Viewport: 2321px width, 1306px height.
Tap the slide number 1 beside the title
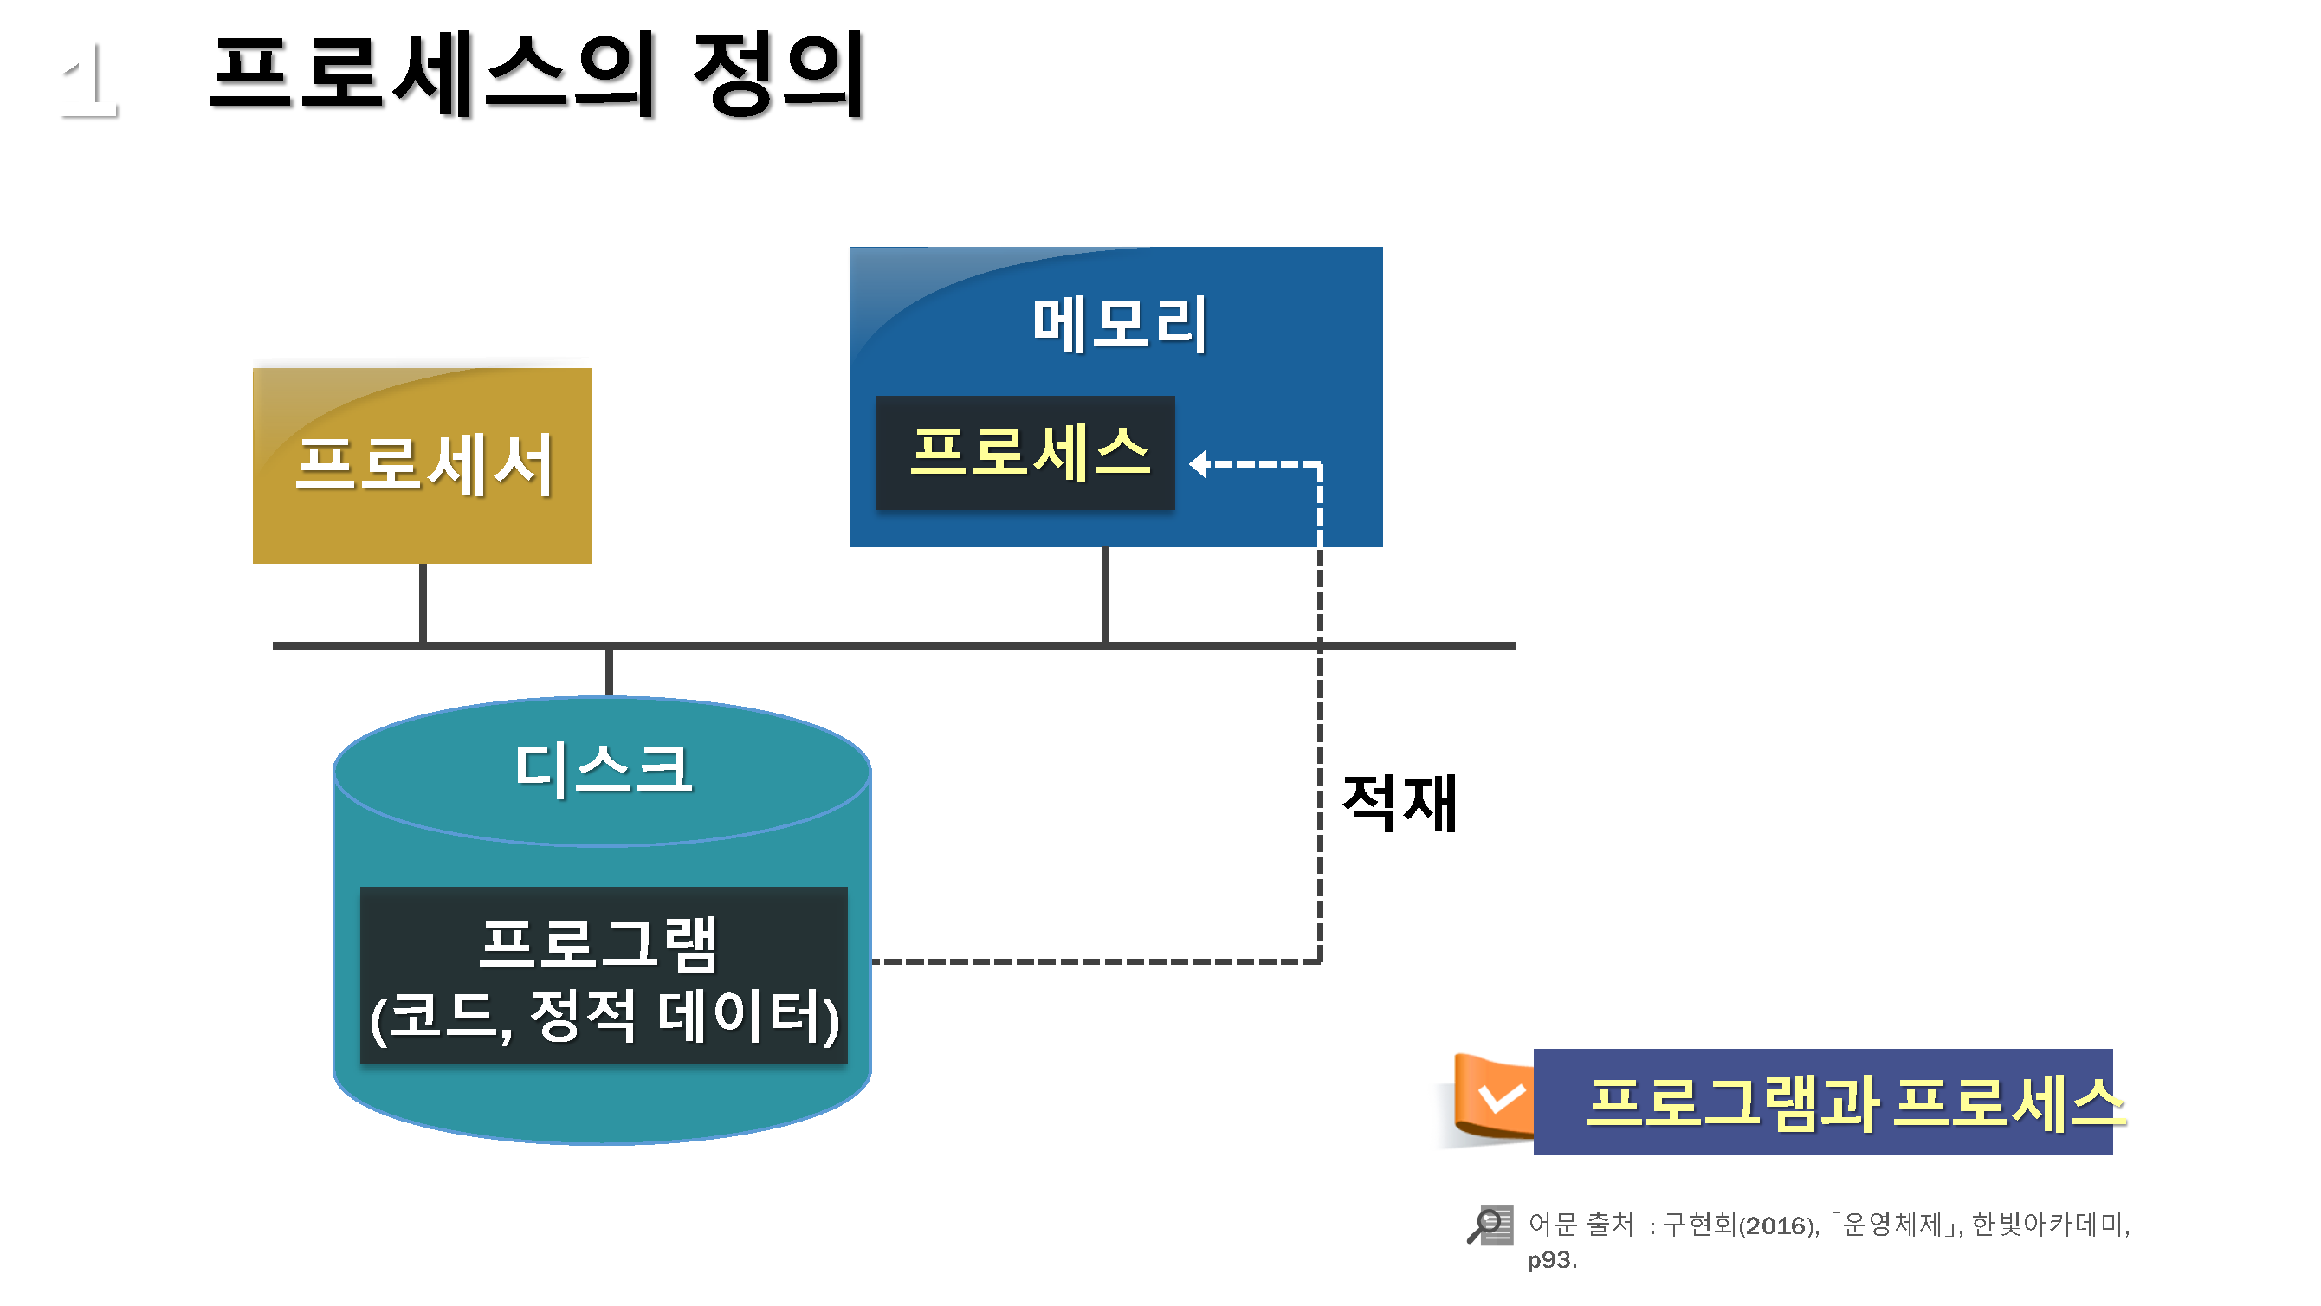click(90, 81)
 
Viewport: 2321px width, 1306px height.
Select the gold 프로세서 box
click(422, 465)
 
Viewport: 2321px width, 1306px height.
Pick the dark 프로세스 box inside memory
click(1025, 452)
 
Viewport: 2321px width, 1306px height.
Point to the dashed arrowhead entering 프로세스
click(1199, 464)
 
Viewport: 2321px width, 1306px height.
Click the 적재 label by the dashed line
click(1399, 802)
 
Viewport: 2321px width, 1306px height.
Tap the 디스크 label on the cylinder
click(603, 769)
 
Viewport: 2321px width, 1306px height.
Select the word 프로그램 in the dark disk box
click(598, 944)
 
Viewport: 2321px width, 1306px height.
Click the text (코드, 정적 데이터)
click(604, 1017)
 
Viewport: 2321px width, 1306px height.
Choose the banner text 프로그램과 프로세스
click(1854, 1102)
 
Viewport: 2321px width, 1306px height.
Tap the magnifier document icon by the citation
click(1490, 1225)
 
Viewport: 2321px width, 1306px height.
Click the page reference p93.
click(1552, 1260)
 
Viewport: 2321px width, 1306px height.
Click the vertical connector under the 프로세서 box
click(423, 603)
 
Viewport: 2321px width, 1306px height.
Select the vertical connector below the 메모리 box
click(1104, 595)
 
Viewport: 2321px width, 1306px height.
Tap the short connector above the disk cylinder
click(610, 671)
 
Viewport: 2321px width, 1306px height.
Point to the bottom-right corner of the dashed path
click(1320, 960)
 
